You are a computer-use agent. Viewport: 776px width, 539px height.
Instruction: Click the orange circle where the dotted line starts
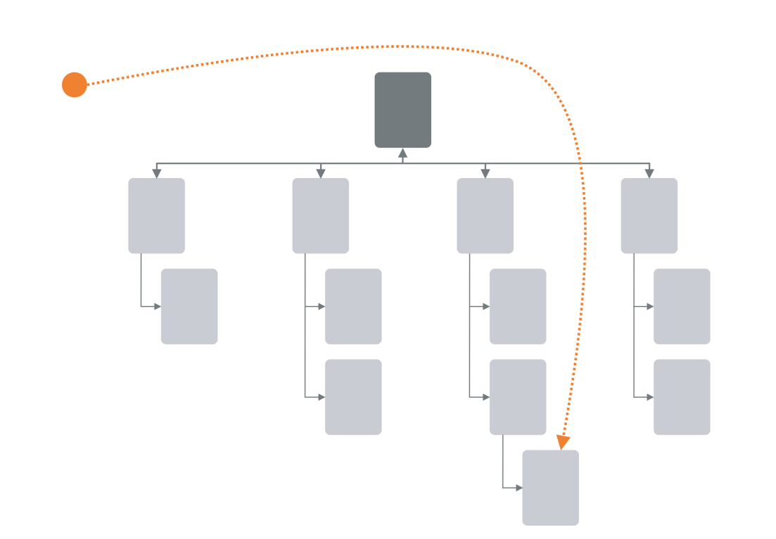click(74, 84)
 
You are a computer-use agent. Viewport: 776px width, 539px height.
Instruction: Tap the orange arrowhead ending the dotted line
click(563, 442)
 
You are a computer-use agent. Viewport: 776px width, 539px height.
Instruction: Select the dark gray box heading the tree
click(402, 110)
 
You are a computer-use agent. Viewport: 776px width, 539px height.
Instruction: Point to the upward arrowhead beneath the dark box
click(402, 153)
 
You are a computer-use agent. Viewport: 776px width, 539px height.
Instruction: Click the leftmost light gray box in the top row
click(156, 215)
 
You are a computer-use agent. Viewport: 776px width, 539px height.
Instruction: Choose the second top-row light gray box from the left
click(320, 215)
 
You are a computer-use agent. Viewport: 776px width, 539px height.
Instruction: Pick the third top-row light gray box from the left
click(485, 215)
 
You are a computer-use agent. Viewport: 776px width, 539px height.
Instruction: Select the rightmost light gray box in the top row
click(649, 215)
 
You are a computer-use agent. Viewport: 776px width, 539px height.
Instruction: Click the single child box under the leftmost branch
click(189, 306)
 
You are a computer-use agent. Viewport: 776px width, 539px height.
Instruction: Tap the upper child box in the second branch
click(353, 306)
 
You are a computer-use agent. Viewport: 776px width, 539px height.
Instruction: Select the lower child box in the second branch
click(353, 397)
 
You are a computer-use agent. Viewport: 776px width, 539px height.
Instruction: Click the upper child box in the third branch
click(518, 306)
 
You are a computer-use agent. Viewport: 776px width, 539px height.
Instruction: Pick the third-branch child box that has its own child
click(518, 397)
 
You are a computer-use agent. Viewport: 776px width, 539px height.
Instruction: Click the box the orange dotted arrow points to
click(550, 488)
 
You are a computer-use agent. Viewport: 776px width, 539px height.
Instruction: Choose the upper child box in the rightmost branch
click(682, 306)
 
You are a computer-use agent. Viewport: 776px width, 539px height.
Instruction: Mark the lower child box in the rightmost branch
click(682, 397)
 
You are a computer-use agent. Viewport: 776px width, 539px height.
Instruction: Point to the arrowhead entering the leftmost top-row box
click(156, 173)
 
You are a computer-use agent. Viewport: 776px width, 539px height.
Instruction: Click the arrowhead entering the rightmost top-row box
click(649, 173)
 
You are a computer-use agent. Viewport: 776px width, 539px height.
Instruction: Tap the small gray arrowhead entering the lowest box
click(519, 488)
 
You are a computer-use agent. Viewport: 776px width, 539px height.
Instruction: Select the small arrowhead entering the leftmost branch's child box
click(157, 306)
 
